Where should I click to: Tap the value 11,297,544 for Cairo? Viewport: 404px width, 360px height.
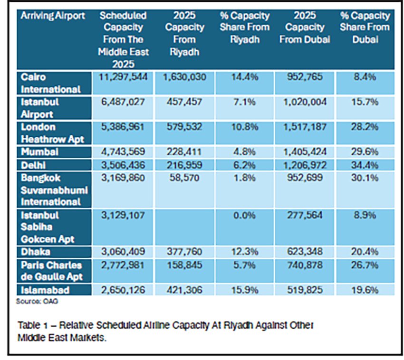[125, 77]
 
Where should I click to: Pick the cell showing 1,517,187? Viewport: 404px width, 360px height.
[305, 128]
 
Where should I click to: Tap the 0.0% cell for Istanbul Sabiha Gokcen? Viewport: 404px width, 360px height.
[244, 216]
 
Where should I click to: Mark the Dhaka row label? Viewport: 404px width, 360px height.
[36, 252]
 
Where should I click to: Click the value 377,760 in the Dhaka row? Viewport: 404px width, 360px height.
[184, 252]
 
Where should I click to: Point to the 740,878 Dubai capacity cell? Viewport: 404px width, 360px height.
[305, 265]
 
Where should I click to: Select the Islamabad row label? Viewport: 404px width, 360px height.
[43, 290]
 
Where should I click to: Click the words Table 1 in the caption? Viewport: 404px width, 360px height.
[32, 326]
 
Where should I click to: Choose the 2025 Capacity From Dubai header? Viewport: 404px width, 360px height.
[305, 28]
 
